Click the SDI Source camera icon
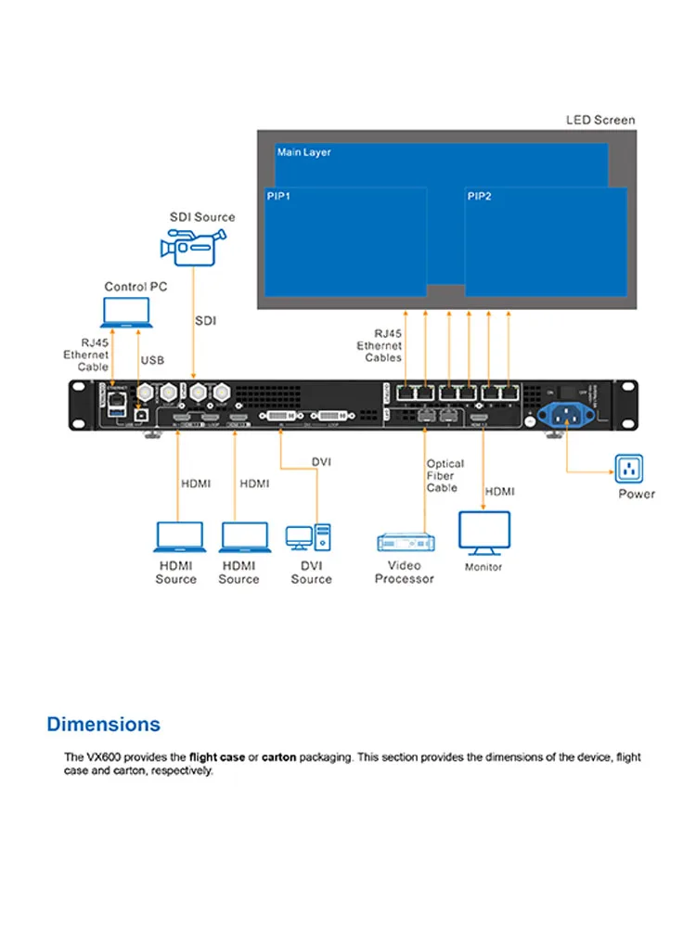pos(188,246)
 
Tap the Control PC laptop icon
pos(129,314)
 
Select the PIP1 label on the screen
pos(278,197)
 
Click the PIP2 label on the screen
pos(479,197)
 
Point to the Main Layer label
pos(303,152)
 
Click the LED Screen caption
pos(600,120)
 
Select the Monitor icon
pos(483,532)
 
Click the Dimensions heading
pos(103,724)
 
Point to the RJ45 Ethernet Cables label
pos(380,344)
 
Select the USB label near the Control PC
pos(152,359)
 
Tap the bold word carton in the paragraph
pos(278,757)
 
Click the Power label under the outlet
pos(637,494)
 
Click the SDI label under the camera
pos(205,320)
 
